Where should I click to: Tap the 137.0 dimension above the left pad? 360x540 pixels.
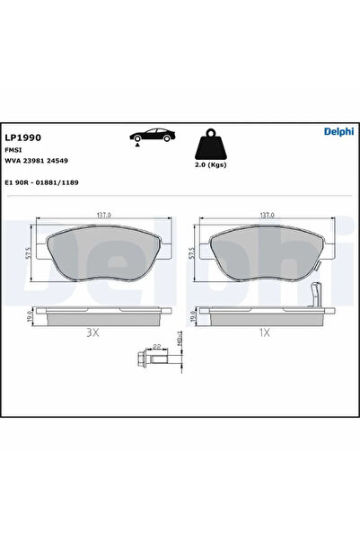tap(102, 216)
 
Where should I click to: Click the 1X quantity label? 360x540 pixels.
tap(264, 332)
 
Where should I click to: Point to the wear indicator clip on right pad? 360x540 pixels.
tap(315, 294)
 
